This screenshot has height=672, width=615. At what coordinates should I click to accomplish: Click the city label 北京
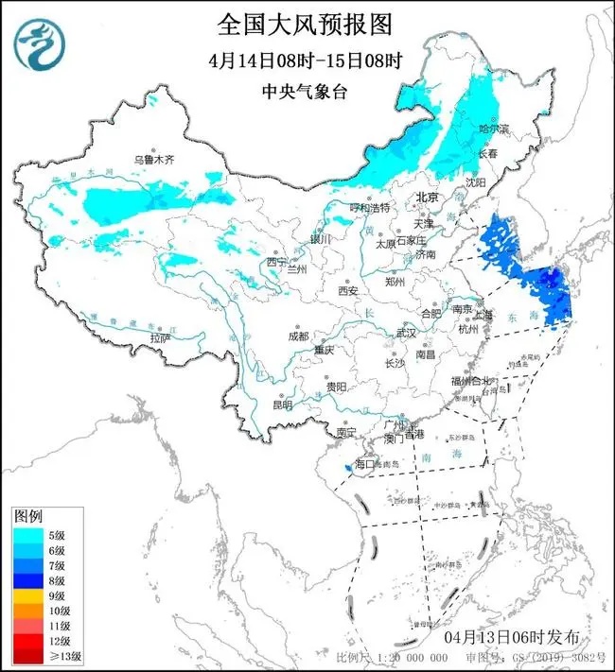(x=429, y=198)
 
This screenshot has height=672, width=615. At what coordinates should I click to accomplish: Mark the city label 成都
(x=298, y=336)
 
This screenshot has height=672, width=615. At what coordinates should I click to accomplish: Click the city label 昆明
(x=282, y=405)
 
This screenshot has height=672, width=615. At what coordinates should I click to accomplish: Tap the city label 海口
(x=365, y=464)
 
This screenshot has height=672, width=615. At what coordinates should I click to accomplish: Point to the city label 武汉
(x=406, y=333)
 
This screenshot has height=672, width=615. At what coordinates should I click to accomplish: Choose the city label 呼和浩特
(x=370, y=207)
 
